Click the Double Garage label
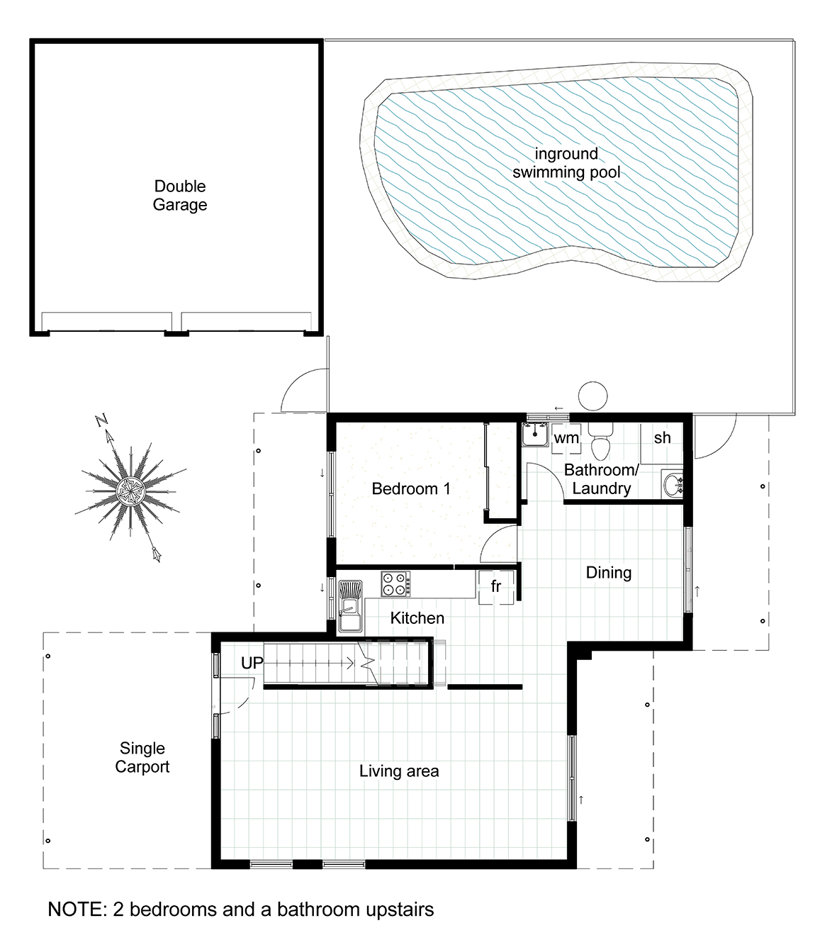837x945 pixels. point(180,196)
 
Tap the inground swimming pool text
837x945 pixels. point(566,163)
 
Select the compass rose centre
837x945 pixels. point(130,491)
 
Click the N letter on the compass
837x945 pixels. point(101,420)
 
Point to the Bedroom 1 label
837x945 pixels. point(411,488)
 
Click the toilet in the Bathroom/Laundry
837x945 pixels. point(600,440)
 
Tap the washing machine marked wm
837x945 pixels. point(566,438)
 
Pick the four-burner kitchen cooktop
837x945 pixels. point(396,583)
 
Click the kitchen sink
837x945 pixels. point(350,606)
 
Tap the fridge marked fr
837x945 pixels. point(497,587)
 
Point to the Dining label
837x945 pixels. point(609,572)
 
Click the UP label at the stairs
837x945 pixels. point(252,663)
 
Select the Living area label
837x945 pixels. point(399,771)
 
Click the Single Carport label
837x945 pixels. point(142,758)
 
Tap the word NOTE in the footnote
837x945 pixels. point(77,910)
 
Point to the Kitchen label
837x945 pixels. point(417,618)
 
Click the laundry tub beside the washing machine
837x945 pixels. point(535,435)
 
